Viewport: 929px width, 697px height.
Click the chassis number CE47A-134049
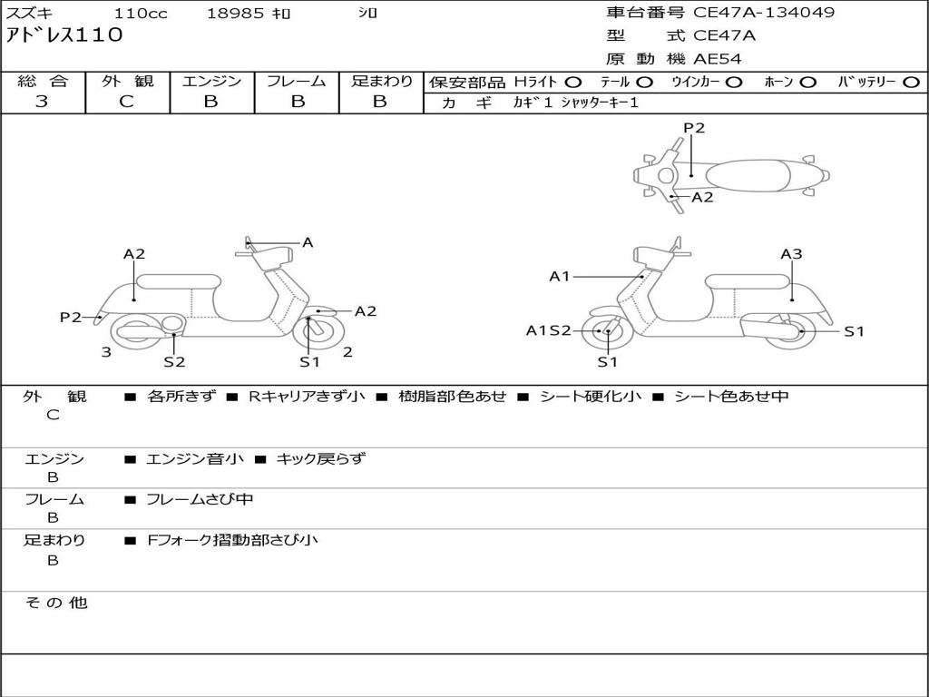[x=764, y=13]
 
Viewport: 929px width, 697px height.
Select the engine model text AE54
[x=718, y=59]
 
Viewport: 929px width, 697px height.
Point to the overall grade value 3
[x=42, y=102]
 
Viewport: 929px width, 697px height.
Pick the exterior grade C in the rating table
[x=126, y=102]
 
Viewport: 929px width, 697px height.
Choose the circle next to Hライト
[x=573, y=82]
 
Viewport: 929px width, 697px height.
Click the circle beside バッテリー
[x=911, y=82]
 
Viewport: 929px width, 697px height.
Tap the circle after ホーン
[x=808, y=82]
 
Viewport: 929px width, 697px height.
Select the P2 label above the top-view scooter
[x=694, y=128]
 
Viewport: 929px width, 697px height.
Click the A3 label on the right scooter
[x=791, y=254]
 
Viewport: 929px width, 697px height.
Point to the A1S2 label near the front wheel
[x=548, y=330]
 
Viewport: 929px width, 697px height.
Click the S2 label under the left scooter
[x=174, y=361]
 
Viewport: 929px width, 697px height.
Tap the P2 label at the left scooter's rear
[x=71, y=317]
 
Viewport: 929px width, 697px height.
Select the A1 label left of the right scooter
[x=560, y=276]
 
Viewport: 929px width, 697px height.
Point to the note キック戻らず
[x=320, y=458]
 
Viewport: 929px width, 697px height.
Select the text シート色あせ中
[x=731, y=397]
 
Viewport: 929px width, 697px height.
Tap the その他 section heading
[x=55, y=603]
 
